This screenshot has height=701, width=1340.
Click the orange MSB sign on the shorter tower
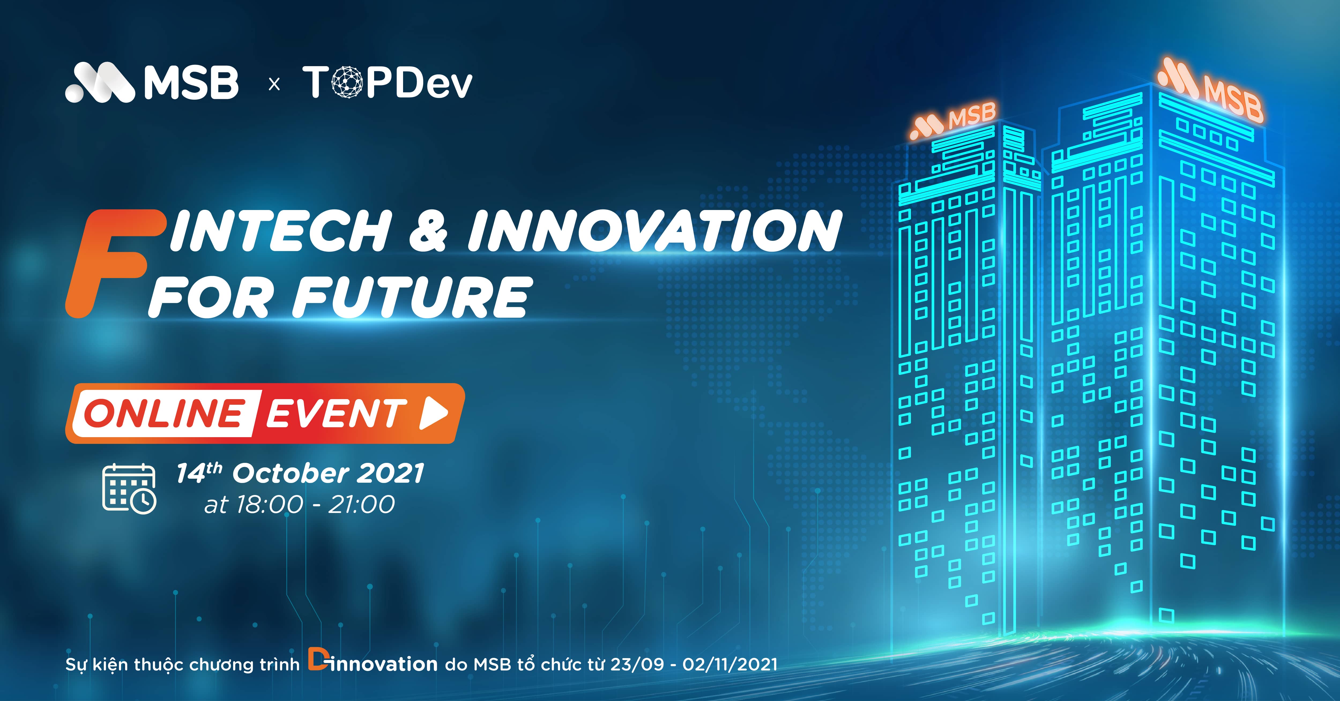point(952,121)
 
